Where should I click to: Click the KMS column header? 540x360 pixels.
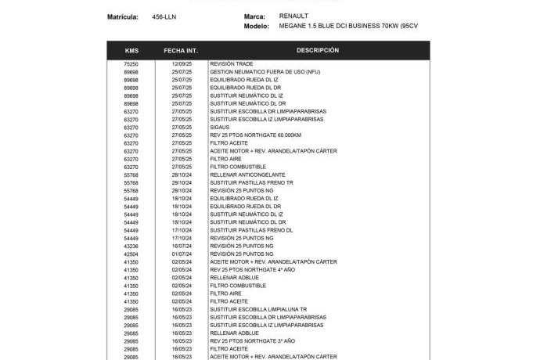[x=131, y=50]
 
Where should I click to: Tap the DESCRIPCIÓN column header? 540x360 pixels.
[x=317, y=50]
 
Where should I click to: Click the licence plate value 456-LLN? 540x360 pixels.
[x=164, y=16]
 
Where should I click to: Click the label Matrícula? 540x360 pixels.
[x=123, y=16]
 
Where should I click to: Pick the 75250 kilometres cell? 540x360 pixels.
[x=131, y=63]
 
